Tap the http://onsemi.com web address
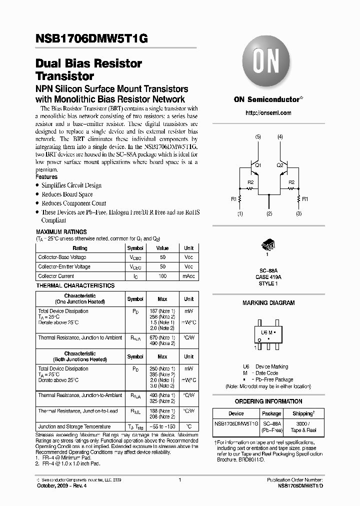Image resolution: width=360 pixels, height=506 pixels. coord(268,113)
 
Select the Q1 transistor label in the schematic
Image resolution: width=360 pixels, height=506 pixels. coord(257,165)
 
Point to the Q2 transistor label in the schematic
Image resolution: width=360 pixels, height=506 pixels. coord(279,165)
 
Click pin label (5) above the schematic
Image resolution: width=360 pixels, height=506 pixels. coord(257,136)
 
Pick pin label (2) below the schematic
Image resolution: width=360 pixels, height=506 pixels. coord(269,214)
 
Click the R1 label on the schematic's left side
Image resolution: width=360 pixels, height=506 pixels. coord(233,199)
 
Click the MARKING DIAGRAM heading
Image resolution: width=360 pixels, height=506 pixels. coord(268,303)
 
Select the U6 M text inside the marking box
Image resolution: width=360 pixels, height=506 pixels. coord(267,332)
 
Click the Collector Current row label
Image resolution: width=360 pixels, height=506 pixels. coord(56,276)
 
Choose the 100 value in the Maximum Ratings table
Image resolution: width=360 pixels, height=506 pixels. coord(162,276)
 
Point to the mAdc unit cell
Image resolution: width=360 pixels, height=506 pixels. coord(188,276)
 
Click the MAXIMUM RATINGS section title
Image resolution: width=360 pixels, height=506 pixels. coord(61,232)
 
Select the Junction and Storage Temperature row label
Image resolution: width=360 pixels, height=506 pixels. coord(74,426)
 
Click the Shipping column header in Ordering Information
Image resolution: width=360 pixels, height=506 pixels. coord(303,413)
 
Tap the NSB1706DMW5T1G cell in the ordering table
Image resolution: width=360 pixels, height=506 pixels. coord(236,423)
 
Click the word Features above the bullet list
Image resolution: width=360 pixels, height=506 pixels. coord(46,177)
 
